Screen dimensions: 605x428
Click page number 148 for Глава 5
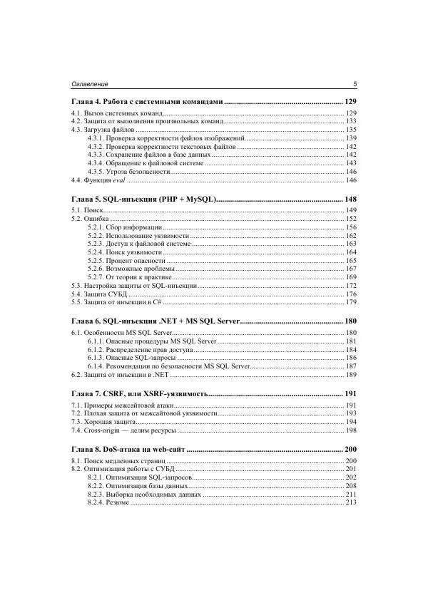tap(350, 199)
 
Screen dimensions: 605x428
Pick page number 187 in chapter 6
tap(351, 366)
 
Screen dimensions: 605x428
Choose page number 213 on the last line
tap(351, 503)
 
